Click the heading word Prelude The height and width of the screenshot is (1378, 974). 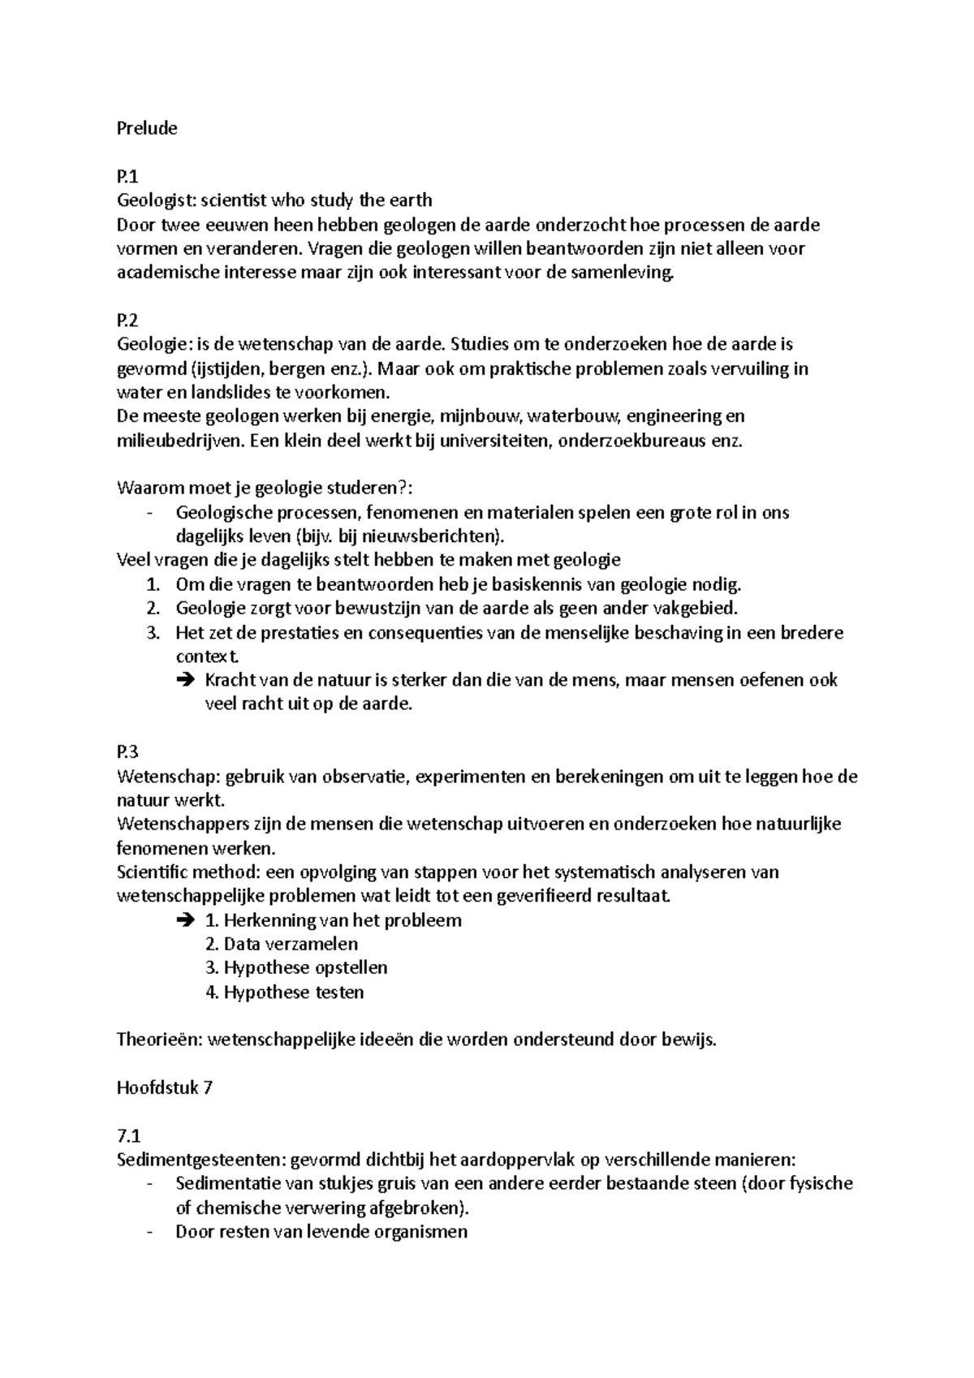pos(147,128)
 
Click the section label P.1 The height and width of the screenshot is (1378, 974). pos(128,176)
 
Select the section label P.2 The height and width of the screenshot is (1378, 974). pos(128,321)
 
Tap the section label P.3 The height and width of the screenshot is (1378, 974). pos(128,752)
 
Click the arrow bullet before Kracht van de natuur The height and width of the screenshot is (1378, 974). pos(183,680)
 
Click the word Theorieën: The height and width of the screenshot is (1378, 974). pos(159,1040)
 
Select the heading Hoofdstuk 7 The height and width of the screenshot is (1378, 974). pos(165,1087)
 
